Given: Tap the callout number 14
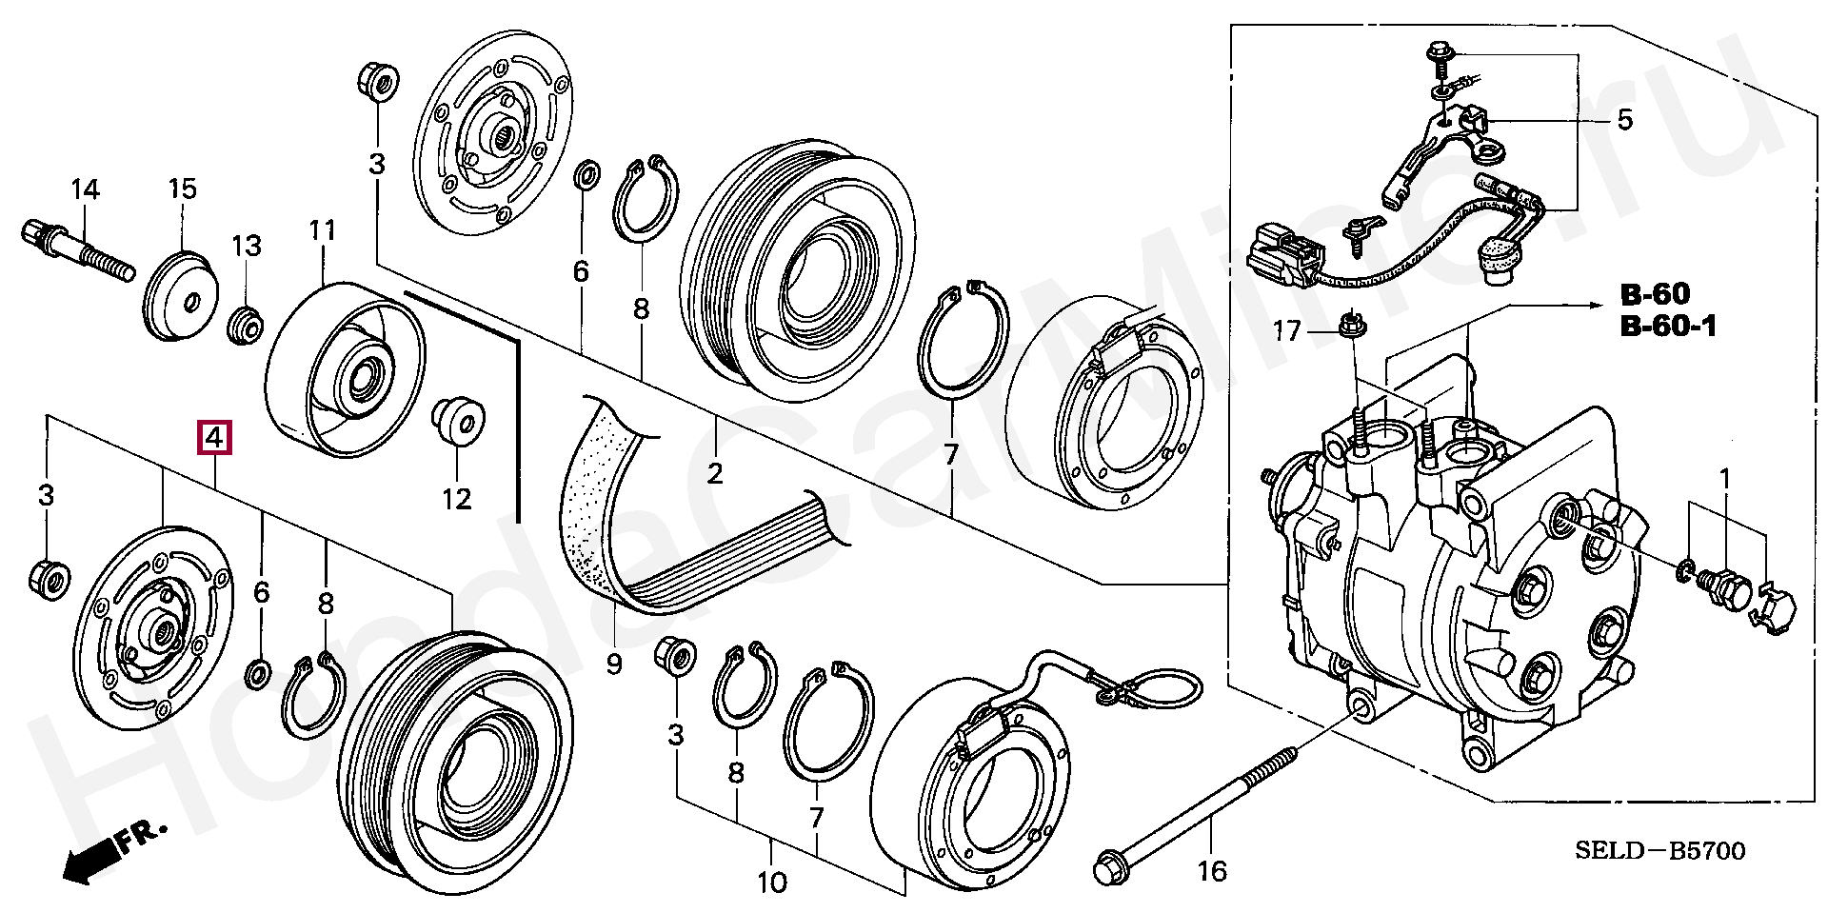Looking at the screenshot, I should point(85,189).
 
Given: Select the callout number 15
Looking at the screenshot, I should point(182,189).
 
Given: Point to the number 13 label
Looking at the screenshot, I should point(246,247).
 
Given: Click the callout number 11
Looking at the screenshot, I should point(323,230).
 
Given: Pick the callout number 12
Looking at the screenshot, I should point(456,498).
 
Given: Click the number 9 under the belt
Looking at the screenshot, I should point(614,664).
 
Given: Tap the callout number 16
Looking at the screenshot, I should point(1212,870).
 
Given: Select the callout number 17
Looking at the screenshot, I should point(1286,331).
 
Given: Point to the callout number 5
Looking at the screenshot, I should point(1624,120).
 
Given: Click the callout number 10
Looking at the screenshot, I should point(771,883).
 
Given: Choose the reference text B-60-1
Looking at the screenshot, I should point(1668,327).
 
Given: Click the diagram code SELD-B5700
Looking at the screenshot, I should point(1660,850).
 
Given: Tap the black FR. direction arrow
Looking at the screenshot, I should point(88,863).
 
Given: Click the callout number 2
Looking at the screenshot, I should point(715,473).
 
